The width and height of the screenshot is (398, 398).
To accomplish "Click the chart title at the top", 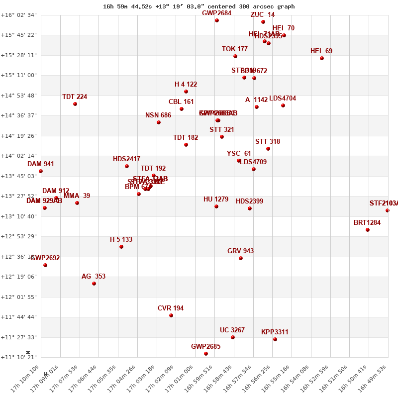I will (199, 6).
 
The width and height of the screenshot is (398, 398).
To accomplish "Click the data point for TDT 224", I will (75, 104).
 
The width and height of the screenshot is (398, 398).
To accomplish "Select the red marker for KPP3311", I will (275, 339).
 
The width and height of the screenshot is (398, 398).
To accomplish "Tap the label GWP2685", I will (205, 346).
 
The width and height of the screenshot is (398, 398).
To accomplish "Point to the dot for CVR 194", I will (171, 315).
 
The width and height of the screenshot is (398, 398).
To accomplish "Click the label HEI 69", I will (321, 51).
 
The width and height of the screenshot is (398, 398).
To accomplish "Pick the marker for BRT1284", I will (368, 230).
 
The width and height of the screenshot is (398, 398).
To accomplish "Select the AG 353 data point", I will (94, 284).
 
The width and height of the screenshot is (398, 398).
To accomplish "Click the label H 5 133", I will (121, 240).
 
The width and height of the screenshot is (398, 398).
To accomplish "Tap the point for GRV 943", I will (241, 258).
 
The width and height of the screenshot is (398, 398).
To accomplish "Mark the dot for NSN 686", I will (159, 122).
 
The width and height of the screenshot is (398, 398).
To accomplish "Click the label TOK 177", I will (235, 49).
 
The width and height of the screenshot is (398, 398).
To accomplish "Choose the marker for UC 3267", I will (233, 337).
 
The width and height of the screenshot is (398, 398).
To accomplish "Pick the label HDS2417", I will (126, 159).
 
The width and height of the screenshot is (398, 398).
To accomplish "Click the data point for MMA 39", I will (77, 203).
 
